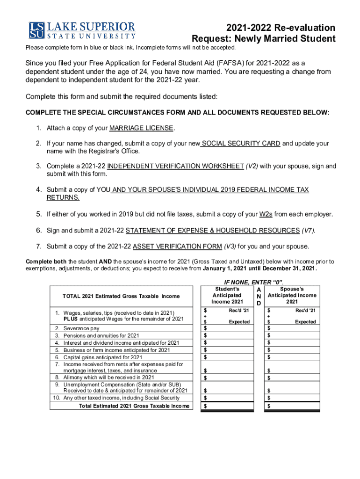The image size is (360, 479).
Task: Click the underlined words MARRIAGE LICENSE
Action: point(142,128)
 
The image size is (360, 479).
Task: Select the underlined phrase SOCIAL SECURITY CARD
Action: point(241,144)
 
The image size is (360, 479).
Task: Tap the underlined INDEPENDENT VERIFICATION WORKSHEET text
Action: point(175,166)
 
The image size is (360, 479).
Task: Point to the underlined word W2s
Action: point(266,214)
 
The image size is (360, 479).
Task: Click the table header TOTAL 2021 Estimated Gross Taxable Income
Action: point(121,296)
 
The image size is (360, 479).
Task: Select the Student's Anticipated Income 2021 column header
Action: point(227,295)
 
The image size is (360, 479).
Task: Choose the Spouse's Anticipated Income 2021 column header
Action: point(292,295)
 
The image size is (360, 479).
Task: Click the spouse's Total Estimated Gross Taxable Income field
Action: point(292,406)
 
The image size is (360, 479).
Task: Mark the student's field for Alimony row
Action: point(227,377)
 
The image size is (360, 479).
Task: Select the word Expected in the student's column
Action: point(239,322)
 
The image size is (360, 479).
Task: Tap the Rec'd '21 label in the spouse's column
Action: point(305,311)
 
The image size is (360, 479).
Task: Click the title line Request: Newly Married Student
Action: point(264,39)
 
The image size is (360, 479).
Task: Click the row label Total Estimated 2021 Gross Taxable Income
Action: point(135,406)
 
